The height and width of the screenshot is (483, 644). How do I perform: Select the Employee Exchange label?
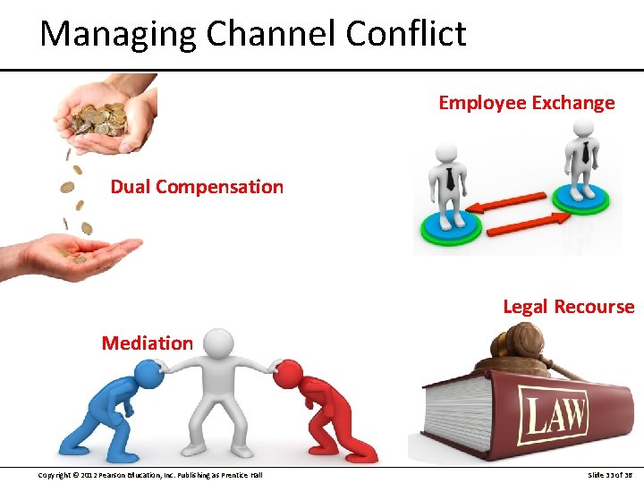pyautogui.click(x=526, y=103)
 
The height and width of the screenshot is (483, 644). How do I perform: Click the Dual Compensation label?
pyautogui.click(x=197, y=187)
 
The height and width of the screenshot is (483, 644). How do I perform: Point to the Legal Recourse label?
pyautogui.click(x=568, y=307)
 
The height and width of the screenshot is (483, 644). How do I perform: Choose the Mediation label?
pyautogui.click(x=147, y=343)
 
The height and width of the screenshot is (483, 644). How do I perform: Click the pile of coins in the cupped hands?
pyautogui.click(x=101, y=118)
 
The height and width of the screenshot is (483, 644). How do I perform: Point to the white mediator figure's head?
pyautogui.click(x=218, y=343)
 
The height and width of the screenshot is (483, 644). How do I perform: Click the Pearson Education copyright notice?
pyautogui.click(x=150, y=474)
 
